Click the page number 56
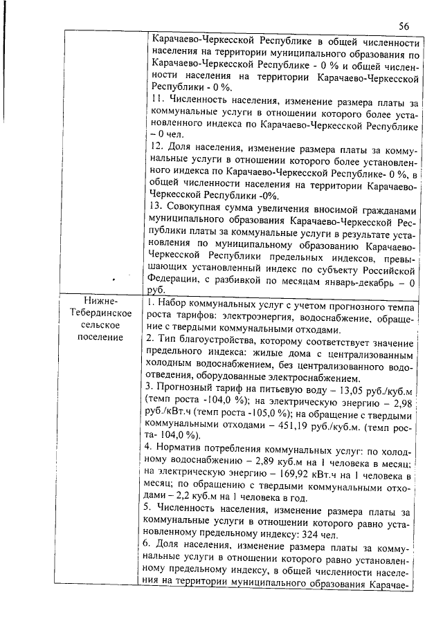pos(404,26)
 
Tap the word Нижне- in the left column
pos(101,302)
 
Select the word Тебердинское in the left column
pos(101,313)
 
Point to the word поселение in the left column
pos(101,337)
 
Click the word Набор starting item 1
pos(174,302)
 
